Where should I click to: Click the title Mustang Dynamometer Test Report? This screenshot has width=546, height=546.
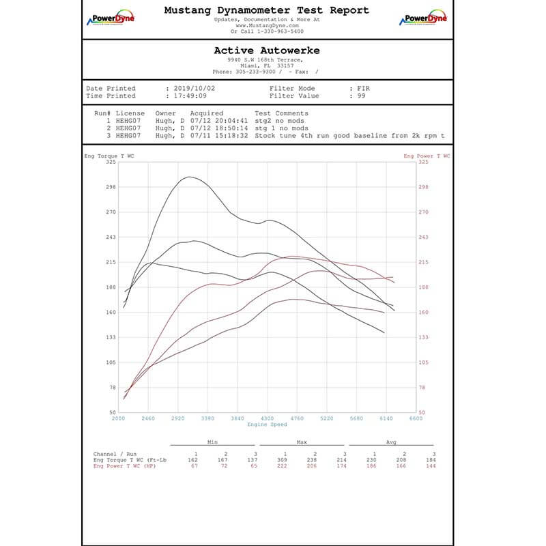tap(266, 10)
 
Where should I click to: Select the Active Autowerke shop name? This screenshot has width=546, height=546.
tap(266, 51)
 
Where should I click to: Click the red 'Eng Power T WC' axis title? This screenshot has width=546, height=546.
tap(427, 156)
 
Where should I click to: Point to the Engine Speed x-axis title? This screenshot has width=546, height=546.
tap(266, 425)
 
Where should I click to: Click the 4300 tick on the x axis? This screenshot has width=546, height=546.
tap(267, 418)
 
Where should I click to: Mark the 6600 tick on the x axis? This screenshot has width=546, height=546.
tap(415, 418)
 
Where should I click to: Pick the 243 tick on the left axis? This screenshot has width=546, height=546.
tap(111, 237)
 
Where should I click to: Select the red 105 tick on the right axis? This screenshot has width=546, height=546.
tap(423, 362)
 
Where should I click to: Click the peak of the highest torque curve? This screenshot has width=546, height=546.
tap(189, 177)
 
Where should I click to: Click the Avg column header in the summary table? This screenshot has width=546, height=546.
tap(391, 442)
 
